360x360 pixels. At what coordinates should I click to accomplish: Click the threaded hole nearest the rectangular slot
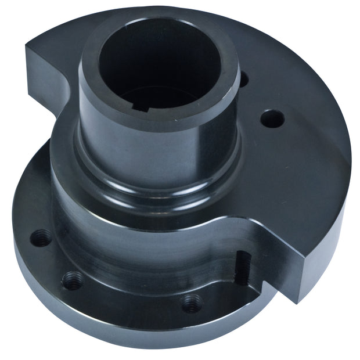tap(192, 302)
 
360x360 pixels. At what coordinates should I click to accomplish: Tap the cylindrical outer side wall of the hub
tap(157, 145)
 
